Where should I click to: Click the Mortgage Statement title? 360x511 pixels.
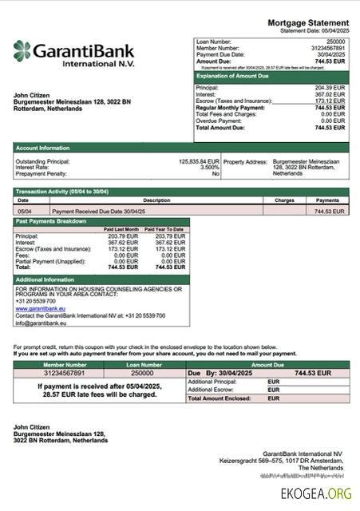pos(308,23)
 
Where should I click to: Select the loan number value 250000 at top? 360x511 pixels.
pos(335,40)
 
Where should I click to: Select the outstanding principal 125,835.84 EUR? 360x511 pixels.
pos(199,160)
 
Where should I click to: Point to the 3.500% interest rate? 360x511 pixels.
pos(209,167)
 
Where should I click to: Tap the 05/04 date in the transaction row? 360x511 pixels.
pos(25,211)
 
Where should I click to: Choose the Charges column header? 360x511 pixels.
pos(285,200)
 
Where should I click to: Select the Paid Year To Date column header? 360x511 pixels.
pos(166,229)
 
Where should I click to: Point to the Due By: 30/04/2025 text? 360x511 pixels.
pos(218,373)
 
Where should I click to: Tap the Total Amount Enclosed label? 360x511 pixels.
pos(220,397)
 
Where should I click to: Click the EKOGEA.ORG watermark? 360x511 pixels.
pos(315,493)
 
